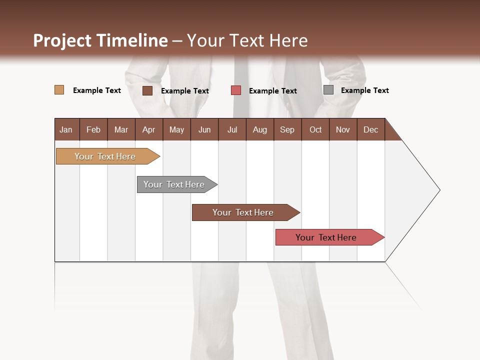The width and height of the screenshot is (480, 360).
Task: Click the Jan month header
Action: point(66,129)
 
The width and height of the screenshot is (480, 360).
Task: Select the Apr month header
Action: point(148,129)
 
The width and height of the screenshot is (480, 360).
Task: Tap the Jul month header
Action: point(232,129)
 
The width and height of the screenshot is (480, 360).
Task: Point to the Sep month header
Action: point(287,129)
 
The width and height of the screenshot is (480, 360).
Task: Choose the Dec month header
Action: point(370,129)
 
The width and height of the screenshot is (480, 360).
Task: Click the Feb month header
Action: point(93,129)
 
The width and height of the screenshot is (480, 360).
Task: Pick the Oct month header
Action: point(315,129)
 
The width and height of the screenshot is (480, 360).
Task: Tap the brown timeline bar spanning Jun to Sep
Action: point(243,212)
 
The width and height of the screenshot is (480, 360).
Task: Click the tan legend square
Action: point(59,90)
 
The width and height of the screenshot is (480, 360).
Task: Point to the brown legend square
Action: point(147,90)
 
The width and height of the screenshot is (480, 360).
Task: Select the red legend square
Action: point(236,90)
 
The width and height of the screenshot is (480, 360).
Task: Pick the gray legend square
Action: point(328,90)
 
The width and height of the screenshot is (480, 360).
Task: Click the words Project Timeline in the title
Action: point(100,40)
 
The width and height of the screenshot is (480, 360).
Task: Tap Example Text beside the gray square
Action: point(364,90)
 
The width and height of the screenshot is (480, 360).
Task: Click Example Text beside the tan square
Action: point(97,90)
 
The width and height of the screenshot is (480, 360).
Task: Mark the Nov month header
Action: point(343,129)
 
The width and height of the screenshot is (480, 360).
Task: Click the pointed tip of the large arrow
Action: point(438,190)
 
